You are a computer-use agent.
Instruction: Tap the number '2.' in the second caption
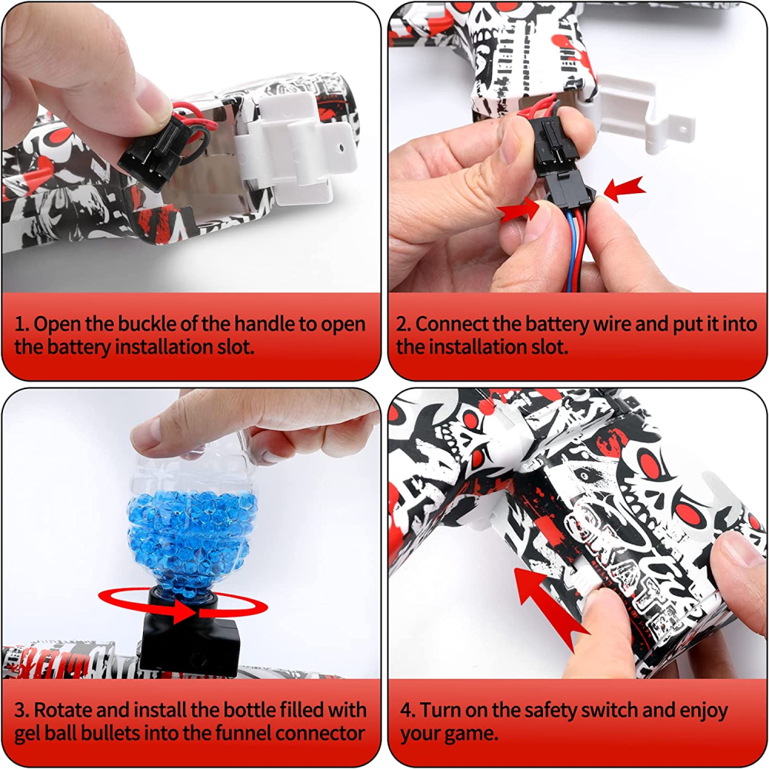pos(403,325)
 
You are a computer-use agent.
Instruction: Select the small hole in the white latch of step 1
pos(341,147)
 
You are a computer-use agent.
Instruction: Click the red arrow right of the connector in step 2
pos(624,189)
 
